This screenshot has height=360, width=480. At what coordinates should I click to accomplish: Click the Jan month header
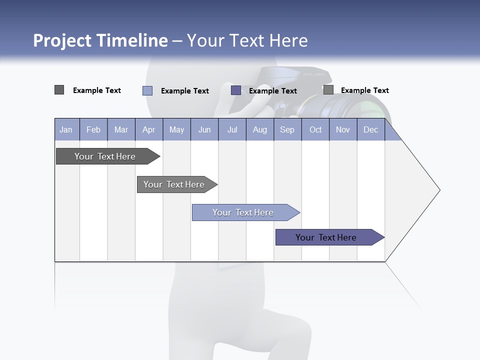tap(66, 130)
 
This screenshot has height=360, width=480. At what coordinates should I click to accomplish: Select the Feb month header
tap(93, 130)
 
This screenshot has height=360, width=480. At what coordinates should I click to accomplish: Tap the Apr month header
tap(149, 130)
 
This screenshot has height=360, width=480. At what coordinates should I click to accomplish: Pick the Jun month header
tap(204, 130)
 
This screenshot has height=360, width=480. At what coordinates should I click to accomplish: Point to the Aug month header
tap(260, 130)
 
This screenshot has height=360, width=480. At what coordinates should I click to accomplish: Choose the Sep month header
tap(287, 130)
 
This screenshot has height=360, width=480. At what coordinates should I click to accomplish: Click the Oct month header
tap(315, 130)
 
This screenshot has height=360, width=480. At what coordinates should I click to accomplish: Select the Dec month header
tap(371, 130)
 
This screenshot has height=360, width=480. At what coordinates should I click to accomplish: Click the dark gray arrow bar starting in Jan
tap(105, 156)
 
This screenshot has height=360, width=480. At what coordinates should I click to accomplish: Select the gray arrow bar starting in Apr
tap(174, 184)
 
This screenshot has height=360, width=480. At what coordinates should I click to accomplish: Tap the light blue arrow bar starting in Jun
tap(243, 212)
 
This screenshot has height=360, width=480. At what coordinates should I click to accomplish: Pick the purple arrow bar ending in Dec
tap(326, 237)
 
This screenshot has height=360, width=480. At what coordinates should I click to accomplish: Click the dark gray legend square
tap(59, 90)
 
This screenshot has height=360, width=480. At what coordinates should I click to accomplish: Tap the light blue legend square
tap(147, 90)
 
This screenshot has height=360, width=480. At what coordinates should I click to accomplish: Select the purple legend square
tap(236, 90)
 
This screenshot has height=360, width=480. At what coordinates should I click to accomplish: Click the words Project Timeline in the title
tap(100, 40)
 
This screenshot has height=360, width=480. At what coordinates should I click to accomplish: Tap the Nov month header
tap(343, 130)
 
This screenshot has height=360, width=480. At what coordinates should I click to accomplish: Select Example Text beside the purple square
tap(273, 91)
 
